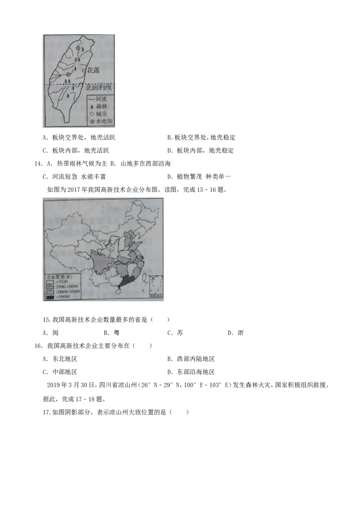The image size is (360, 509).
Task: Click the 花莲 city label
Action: point(94,70)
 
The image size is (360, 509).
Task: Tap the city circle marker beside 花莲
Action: point(84,70)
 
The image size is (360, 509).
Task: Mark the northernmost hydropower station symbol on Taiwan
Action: point(78,48)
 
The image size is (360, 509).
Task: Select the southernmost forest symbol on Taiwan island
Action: point(68,95)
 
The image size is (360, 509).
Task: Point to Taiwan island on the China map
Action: point(144,278)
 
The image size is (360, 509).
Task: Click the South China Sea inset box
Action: point(156,286)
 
